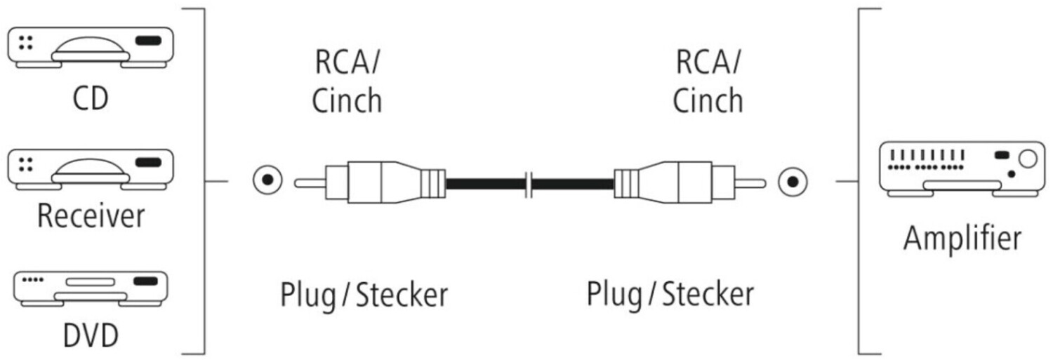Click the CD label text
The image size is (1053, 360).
[x=91, y=98]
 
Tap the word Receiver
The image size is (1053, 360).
[x=91, y=215]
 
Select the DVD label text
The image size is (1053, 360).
[x=91, y=335]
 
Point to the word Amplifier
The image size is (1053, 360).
[x=962, y=238]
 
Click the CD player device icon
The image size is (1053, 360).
[x=90, y=47]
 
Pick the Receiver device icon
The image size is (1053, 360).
[x=90, y=169]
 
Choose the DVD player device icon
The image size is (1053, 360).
[x=90, y=288]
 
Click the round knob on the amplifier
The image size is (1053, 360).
[x=1027, y=159]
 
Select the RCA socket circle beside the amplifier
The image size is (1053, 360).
[x=793, y=183]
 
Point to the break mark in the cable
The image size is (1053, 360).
[x=530, y=184]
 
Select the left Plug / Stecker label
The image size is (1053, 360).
[x=364, y=294]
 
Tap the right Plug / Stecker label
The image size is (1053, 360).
[x=670, y=294]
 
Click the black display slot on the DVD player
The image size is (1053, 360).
[x=145, y=281]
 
